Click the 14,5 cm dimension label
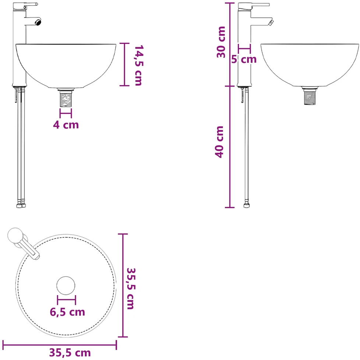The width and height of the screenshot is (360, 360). [x=138, y=65]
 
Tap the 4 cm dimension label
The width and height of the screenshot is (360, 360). [x=66, y=125]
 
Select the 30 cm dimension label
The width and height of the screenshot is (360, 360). [x=221, y=42]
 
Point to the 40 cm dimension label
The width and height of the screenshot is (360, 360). [x=219, y=142]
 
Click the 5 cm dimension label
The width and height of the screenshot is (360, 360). [x=244, y=59]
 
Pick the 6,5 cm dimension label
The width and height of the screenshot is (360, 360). [x=67, y=312]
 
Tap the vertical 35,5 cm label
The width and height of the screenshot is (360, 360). [x=131, y=289]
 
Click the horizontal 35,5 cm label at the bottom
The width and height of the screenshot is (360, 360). [x=70, y=353]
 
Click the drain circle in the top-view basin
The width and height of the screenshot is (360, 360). [x=66, y=286]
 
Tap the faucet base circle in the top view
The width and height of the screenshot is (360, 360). [x=15, y=235]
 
